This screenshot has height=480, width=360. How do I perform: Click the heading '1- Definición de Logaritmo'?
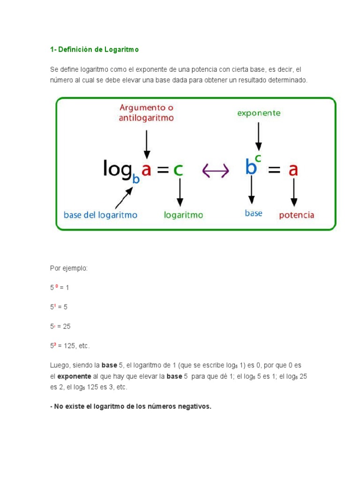point(94,49)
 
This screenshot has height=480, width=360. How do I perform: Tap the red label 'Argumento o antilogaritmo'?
point(146,112)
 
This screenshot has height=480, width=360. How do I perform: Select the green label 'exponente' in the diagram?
point(259,113)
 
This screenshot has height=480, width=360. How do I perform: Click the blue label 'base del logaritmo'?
point(100,215)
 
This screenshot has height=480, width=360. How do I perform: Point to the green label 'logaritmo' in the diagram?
point(183,215)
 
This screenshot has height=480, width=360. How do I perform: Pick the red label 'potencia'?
point(296,215)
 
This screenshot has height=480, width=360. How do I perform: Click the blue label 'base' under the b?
point(254,213)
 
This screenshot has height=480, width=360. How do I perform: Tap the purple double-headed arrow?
point(215,171)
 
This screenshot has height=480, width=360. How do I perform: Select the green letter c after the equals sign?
point(178,170)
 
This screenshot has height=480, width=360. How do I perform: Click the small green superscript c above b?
point(258,158)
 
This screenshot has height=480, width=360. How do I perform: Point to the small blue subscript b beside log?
point(136,178)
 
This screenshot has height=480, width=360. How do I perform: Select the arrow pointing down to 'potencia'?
point(294,192)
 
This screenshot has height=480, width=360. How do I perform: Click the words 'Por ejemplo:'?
point(69,268)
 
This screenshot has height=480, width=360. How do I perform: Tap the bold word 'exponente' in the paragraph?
point(74,376)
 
